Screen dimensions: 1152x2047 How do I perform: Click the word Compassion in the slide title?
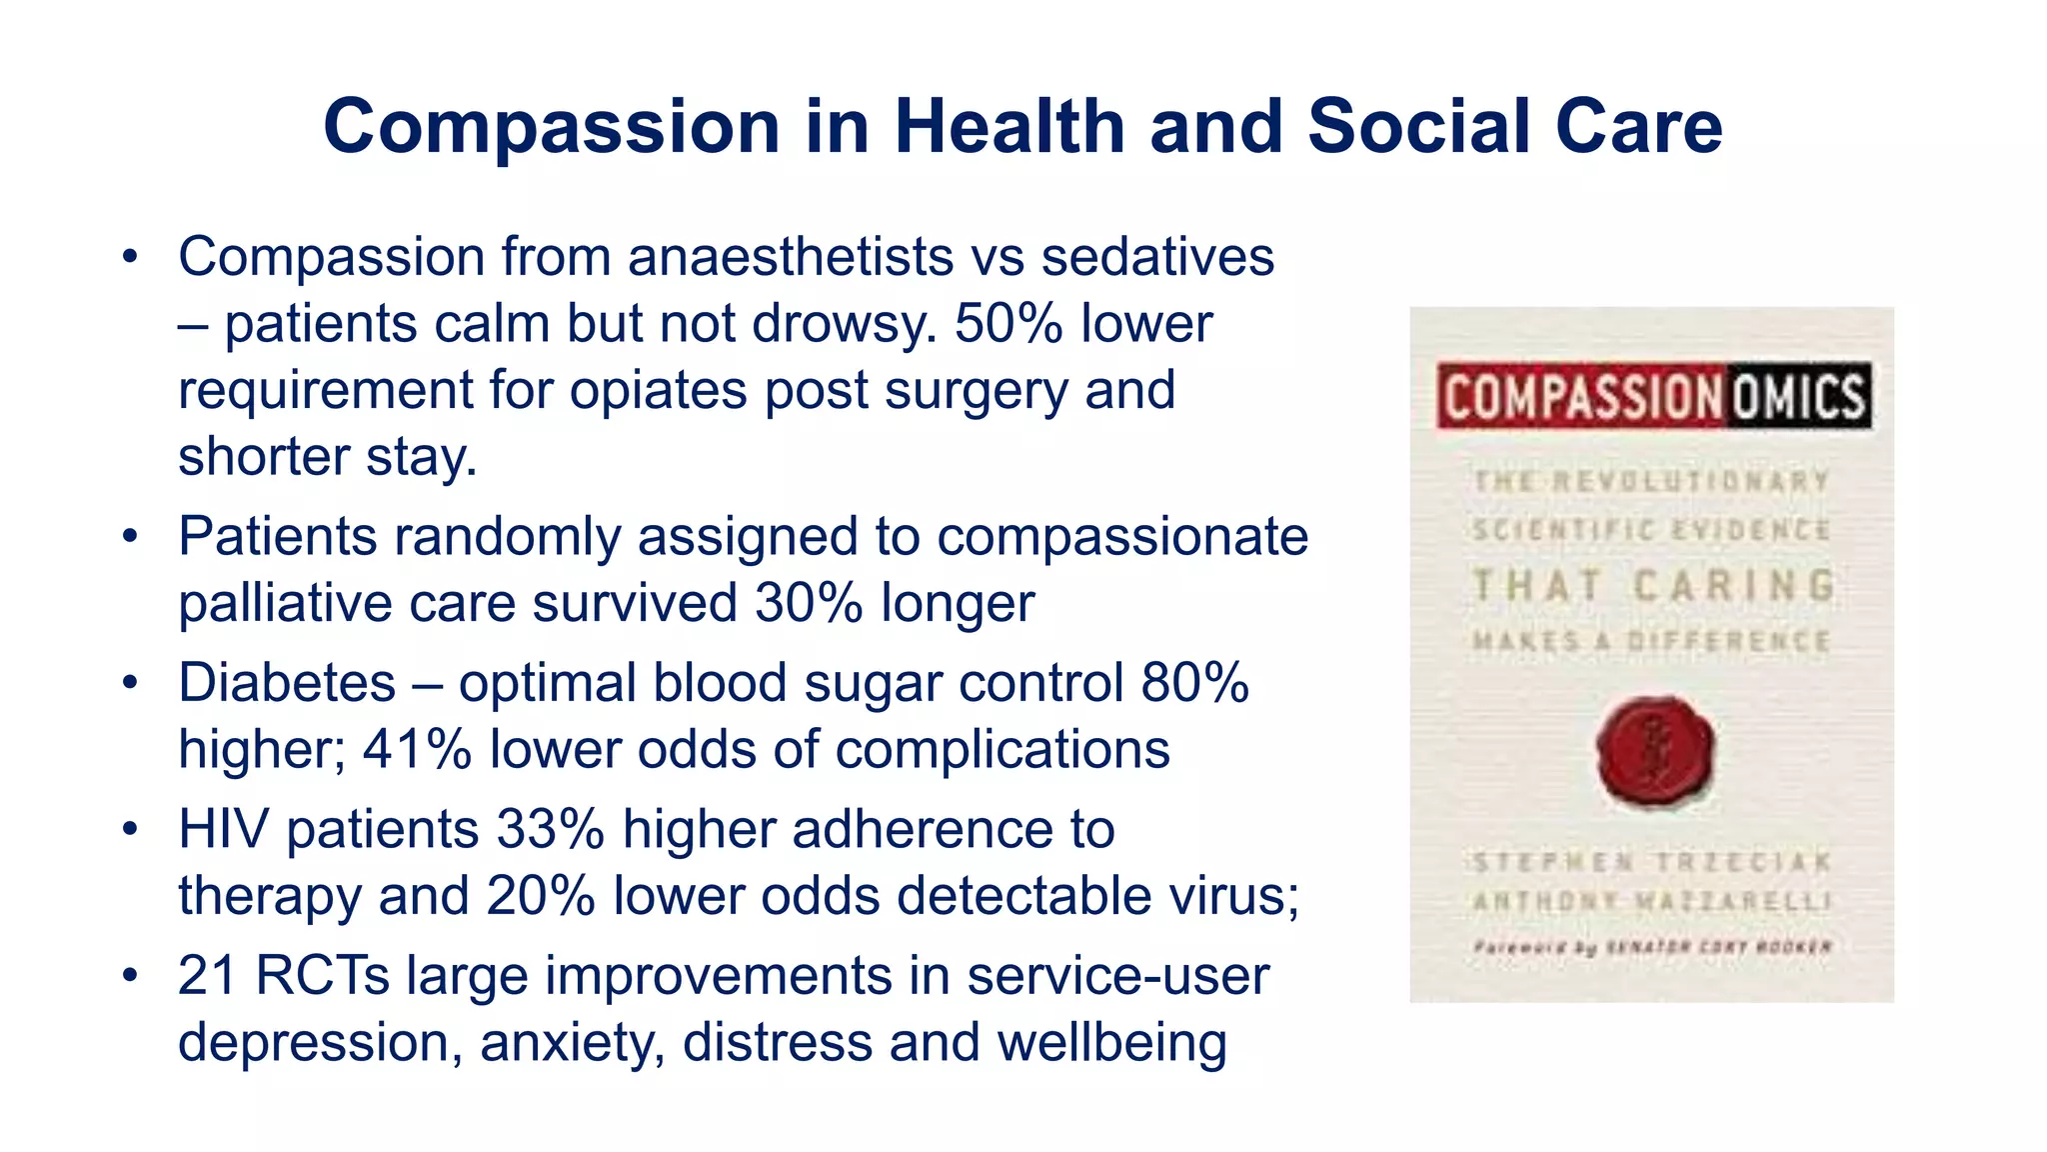pyautogui.click(x=551, y=128)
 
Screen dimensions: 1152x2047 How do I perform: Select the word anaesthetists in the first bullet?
pyautogui.click(x=790, y=257)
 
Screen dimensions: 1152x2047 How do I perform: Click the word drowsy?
pyautogui.click(x=845, y=324)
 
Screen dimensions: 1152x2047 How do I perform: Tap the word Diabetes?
pyautogui.click(x=287, y=683)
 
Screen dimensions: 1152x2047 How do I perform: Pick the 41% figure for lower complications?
pyautogui.click(x=416, y=750)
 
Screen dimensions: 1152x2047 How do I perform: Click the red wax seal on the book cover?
pyautogui.click(x=1655, y=752)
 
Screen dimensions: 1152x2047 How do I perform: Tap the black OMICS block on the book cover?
pyautogui.click(x=1798, y=396)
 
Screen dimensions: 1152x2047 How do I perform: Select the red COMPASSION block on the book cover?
pyautogui.click(x=1581, y=396)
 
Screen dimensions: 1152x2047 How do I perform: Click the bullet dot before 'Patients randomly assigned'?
pyautogui.click(x=129, y=538)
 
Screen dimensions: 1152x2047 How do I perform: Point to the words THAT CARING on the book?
pyautogui.click(x=1653, y=586)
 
